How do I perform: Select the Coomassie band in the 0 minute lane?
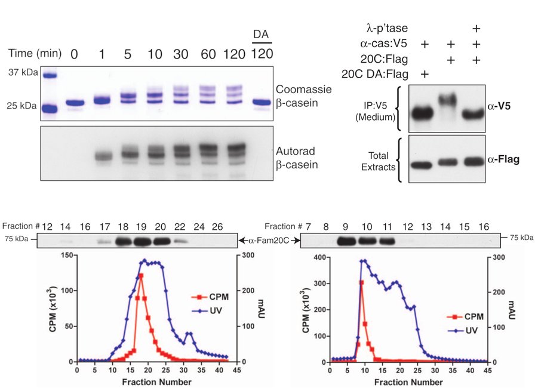(73, 103)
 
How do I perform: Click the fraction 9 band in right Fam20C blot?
(346, 241)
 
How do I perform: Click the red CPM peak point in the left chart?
(141, 275)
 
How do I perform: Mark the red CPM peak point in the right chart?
(361, 282)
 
